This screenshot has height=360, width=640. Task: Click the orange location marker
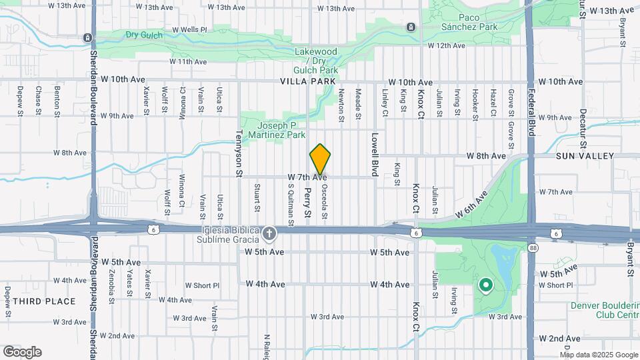coord(321,159)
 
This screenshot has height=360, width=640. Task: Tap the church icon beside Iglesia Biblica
coord(269,233)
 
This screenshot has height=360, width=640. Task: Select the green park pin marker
coord(486,287)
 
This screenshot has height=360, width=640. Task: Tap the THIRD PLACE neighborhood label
coord(43,301)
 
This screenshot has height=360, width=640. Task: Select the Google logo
coord(22,351)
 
